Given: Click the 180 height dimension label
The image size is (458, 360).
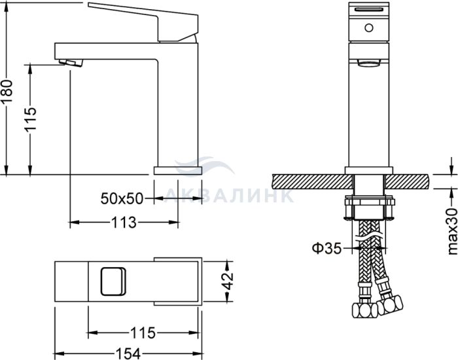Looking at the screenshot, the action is click(7, 91).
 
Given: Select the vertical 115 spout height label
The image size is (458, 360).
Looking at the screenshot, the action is click(30, 119).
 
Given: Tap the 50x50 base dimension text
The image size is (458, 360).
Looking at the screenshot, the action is click(122, 199).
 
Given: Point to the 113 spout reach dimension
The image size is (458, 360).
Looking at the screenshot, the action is click(124, 223).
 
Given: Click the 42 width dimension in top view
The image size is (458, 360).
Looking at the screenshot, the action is click(229, 281).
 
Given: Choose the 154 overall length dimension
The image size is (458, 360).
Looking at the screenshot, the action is click(128, 353).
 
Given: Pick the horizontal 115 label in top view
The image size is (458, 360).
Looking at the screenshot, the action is click(143, 333).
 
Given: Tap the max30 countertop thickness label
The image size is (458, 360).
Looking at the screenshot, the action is click(452, 232).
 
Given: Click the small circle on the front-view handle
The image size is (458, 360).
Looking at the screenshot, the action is click(369, 28).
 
